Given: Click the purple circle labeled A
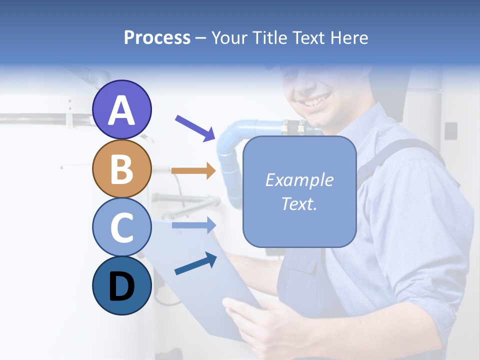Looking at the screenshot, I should click(x=122, y=109).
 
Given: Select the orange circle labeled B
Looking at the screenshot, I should click(x=122, y=168).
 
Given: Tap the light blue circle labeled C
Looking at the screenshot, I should click(x=122, y=227).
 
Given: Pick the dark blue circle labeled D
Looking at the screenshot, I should click(x=122, y=285).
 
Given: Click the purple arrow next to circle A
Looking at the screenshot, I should click(x=194, y=127).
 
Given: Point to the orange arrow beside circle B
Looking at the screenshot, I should click(x=193, y=171).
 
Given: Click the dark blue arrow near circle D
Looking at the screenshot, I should click(x=195, y=264).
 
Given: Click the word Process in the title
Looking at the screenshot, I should click(x=157, y=37).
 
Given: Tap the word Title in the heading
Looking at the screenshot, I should click(x=270, y=37).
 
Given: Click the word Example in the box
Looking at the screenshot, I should click(x=299, y=180).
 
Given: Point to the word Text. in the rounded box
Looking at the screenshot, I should click(x=299, y=204).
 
